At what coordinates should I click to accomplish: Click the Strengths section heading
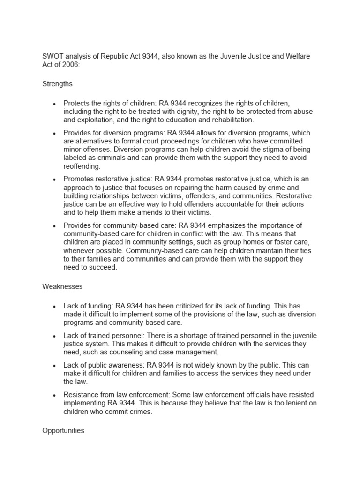click(x=57, y=84)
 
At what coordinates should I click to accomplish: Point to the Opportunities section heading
click(x=63, y=430)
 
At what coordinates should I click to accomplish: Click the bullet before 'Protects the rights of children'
click(x=55, y=103)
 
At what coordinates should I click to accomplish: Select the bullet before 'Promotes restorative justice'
click(x=55, y=180)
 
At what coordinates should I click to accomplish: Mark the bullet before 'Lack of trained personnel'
click(x=55, y=336)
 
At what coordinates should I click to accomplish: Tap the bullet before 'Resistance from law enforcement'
click(x=55, y=395)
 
